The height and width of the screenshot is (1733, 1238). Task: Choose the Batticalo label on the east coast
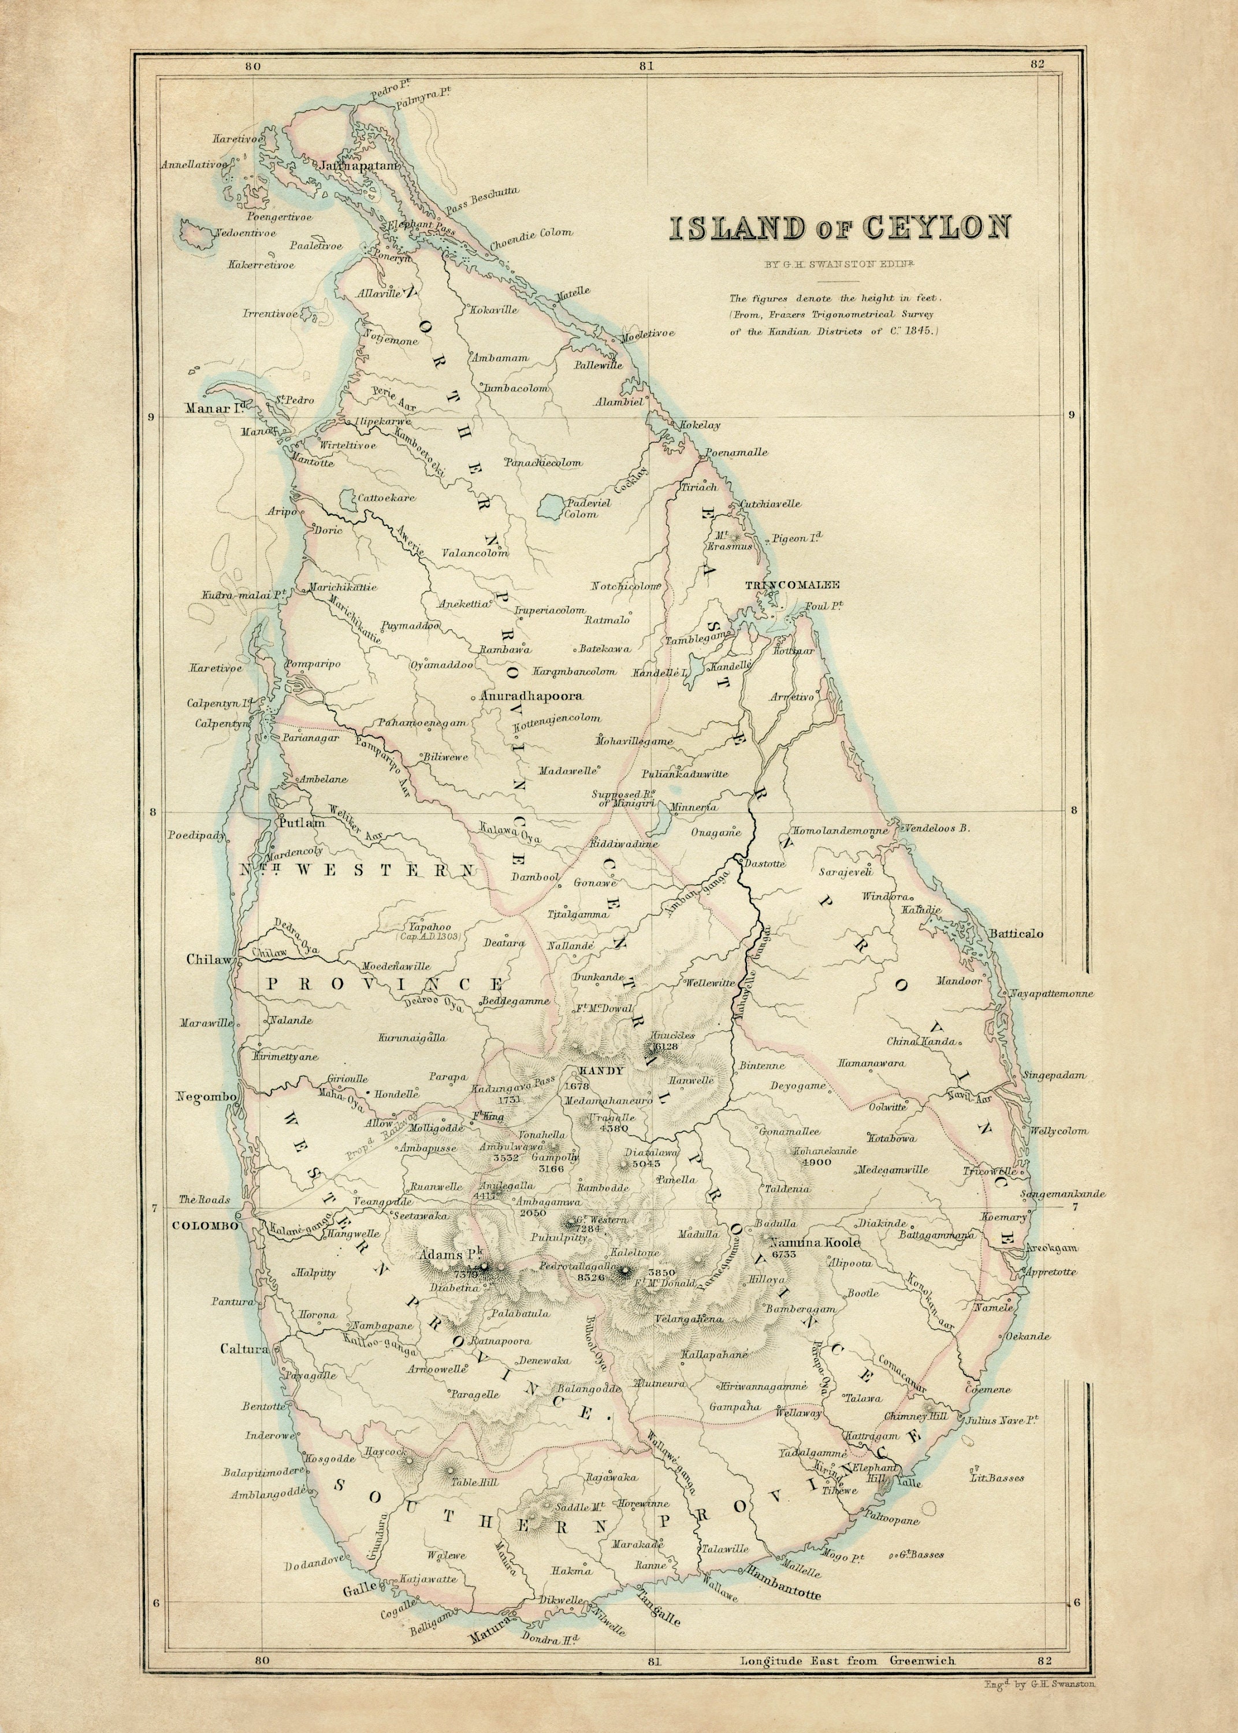[x=1016, y=933]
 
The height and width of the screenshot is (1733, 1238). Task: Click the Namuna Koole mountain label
[x=815, y=1242]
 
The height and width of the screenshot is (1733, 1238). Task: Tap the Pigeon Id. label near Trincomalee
[x=797, y=538]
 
